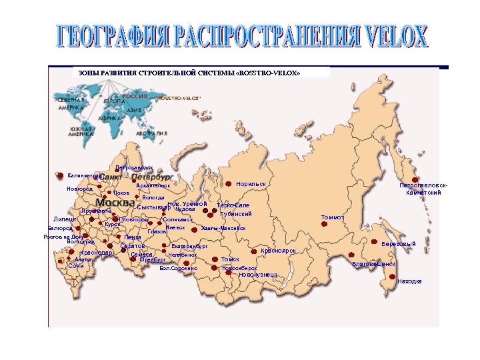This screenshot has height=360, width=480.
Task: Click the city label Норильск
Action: click(251, 183)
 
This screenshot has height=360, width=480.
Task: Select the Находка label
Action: click(409, 281)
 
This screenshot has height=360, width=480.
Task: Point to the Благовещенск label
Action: click(374, 264)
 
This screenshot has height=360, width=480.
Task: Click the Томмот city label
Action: click(333, 217)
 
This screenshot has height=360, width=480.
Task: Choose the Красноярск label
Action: click(278, 250)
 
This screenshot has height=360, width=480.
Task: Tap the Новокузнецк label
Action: click(258, 275)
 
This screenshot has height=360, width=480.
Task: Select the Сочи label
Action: click(75, 265)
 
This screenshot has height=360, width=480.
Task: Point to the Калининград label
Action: click(84, 175)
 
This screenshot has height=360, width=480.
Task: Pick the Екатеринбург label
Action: click(190, 246)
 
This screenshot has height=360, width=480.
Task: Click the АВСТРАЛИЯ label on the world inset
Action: click(151, 133)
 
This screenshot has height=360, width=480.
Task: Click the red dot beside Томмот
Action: click(325, 225)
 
